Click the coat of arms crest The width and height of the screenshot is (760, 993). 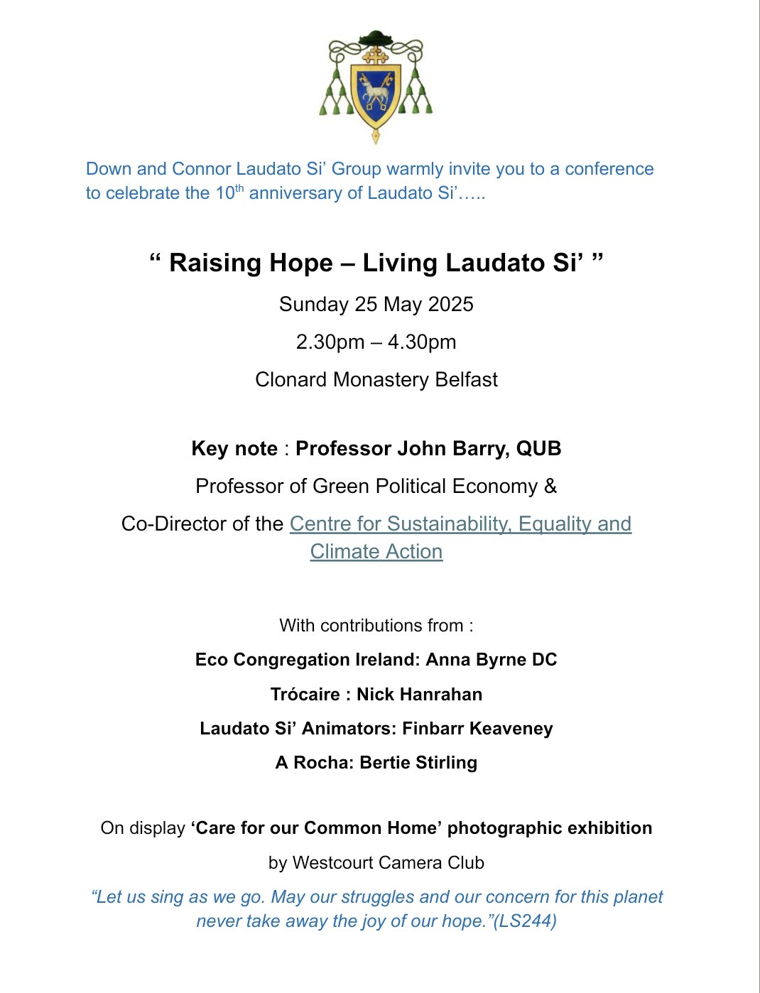tap(376, 86)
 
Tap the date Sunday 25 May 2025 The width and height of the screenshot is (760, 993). tap(376, 305)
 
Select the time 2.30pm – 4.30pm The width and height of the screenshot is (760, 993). tap(376, 342)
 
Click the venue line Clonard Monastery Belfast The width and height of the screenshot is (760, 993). tap(376, 380)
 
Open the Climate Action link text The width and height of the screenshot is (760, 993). tap(376, 552)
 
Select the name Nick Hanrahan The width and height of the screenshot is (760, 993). tap(419, 695)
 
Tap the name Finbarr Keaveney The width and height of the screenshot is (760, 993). tap(477, 729)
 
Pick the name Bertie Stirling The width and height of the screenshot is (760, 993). tap(418, 763)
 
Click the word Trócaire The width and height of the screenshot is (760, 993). tap(305, 695)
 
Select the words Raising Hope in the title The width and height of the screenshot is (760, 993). tap(251, 264)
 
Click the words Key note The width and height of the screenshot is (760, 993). tap(234, 449)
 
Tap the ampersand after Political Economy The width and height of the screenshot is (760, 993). tap(550, 487)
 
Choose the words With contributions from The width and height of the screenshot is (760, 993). tap(371, 626)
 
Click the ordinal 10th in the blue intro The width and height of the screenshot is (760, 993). tap(229, 192)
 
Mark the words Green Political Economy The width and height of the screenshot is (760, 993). tap(425, 487)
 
